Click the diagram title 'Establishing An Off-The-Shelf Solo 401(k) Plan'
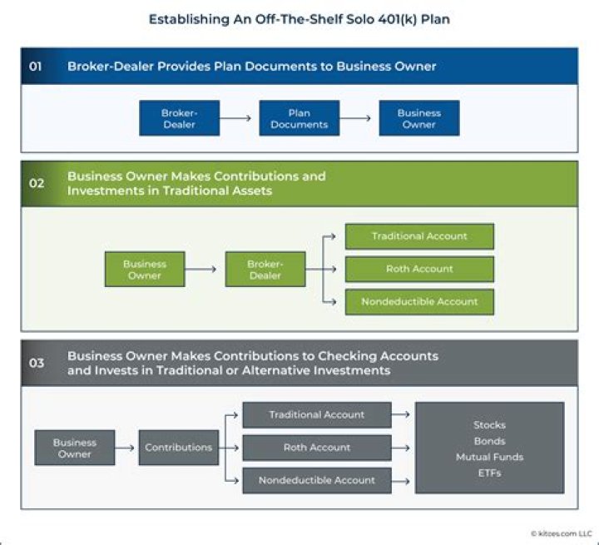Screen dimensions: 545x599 click(x=299, y=19)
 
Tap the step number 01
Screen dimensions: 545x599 click(x=36, y=67)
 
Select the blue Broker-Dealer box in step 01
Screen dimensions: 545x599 click(x=180, y=118)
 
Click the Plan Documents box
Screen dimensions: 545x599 click(x=299, y=118)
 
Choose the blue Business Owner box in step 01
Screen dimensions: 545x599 click(x=418, y=118)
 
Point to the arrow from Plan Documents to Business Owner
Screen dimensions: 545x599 click(x=359, y=118)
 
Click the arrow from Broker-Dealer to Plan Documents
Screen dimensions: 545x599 click(x=239, y=118)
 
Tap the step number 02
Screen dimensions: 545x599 click(x=37, y=183)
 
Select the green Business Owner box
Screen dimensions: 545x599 click(x=145, y=270)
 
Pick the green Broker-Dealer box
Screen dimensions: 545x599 click(x=265, y=270)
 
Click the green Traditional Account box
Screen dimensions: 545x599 click(x=419, y=236)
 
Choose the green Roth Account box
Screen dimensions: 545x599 click(x=419, y=269)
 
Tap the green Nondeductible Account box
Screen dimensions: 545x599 click(x=419, y=301)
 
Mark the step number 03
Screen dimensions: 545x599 click(x=37, y=363)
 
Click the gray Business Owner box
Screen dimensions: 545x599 click(x=75, y=448)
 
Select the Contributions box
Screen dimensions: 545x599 click(x=178, y=448)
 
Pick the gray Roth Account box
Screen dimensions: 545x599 click(x=316, y=448)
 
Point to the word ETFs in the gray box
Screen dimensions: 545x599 click(x=489, y=473)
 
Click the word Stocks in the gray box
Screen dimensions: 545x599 click(x=489, y=425)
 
